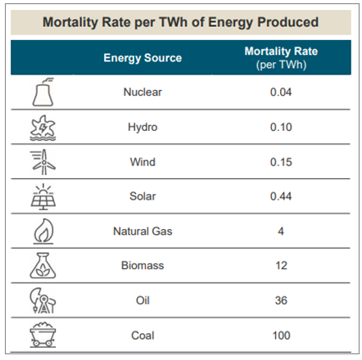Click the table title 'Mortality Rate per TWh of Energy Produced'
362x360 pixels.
(181, 20)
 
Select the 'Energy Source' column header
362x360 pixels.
(143, 58)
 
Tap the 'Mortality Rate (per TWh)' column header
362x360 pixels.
(281, 58)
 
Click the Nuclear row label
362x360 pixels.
(143, 92)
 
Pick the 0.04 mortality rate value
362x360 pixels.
(281, 92)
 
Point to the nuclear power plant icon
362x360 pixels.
(42, 92)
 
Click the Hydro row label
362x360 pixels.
(143, 127)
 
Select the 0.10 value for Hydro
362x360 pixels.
(281, 127)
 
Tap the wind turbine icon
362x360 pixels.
(42, 162)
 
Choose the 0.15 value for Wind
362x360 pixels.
(281, 162)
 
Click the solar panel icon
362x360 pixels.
(42, 196)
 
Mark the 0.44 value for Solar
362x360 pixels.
(281, 196)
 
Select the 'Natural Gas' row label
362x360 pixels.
(143, 232)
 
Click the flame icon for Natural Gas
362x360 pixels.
(42, 232)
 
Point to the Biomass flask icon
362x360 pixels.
(42, 267)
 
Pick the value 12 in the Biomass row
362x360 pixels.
(281, 266)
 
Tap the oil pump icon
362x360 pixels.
(42, 301)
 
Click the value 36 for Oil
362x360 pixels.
(281, 300)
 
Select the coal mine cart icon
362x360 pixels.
(42, 335)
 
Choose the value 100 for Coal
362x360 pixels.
(281, 335)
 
